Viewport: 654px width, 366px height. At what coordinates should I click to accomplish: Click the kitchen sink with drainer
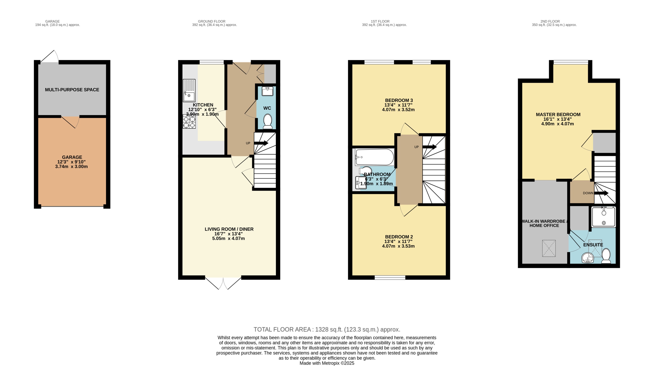tap(189, 91)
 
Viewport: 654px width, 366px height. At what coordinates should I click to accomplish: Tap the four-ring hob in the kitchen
tap(189, 122)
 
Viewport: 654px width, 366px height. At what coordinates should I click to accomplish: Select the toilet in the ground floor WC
tap(268, 121)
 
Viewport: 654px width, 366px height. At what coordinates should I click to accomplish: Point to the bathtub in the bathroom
tap(374, 157)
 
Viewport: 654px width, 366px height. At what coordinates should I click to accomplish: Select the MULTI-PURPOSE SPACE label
tap(72, 90)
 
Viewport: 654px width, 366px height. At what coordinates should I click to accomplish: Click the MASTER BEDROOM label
tap(558, 115)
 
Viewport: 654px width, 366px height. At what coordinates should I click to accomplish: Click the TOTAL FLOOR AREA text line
tap(327, 329)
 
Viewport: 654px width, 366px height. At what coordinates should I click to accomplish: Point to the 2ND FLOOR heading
tap(550, 21)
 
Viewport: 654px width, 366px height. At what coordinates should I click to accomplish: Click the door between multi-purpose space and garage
tap(70, 121)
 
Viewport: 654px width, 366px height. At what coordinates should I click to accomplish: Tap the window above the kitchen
tap(212, 62)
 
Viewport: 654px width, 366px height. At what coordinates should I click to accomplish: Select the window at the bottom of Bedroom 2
tap(390, 277)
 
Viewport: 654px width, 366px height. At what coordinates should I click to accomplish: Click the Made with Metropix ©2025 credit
tap(327, 363)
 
